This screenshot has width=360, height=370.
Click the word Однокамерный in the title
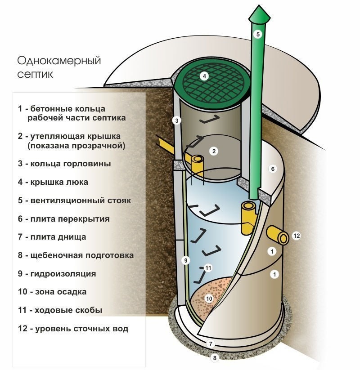[x=59, y=61]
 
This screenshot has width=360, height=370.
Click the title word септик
[x=35, y=74]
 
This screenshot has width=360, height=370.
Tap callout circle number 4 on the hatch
[x=204, y=76]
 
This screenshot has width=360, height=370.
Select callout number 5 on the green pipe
[x=257, y=34]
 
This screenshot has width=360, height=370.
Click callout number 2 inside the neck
[x=214, y=151]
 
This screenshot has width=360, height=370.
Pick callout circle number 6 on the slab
[x=272, y=169]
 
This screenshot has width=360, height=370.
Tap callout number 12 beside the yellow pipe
[x=296, y=236]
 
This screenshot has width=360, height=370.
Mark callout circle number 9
[x=184, y=260]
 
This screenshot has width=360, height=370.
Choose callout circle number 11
[x=208, y=267]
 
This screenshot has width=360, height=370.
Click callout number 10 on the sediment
[x=209, y=298]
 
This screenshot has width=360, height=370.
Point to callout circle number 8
[x=215, y=358]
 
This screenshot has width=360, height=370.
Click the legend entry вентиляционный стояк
[x=74, y=201]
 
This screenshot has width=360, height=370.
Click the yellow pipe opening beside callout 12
[x=283, y=237]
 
